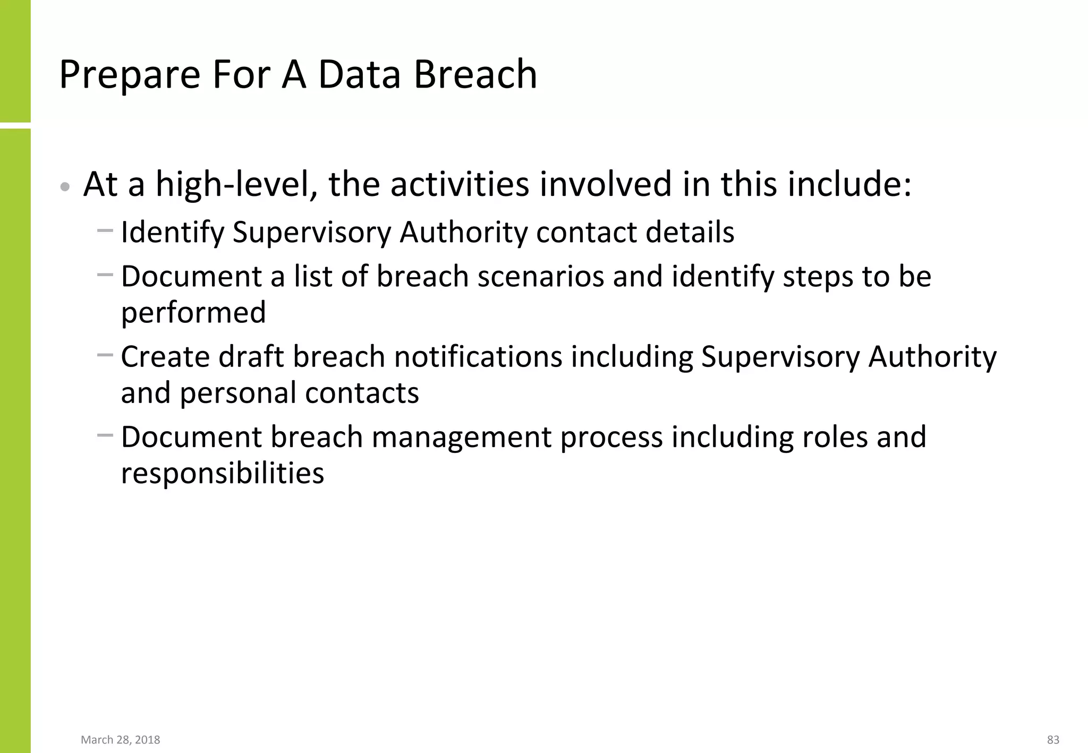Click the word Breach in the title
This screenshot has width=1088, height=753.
[x=475, y=74]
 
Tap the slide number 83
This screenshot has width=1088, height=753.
[x=1053, y=740]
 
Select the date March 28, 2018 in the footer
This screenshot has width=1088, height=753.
[x=120, y=740]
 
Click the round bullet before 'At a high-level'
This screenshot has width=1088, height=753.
[x=65, y=187]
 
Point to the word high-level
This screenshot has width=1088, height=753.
[x=236, y=185]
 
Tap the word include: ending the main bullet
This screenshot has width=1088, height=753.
[x=849, y=185]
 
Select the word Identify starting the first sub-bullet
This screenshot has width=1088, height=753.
[x=173, y=233]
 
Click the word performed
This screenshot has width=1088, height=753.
[x=193, y=313]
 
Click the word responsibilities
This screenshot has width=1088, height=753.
[x=222, y=473]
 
